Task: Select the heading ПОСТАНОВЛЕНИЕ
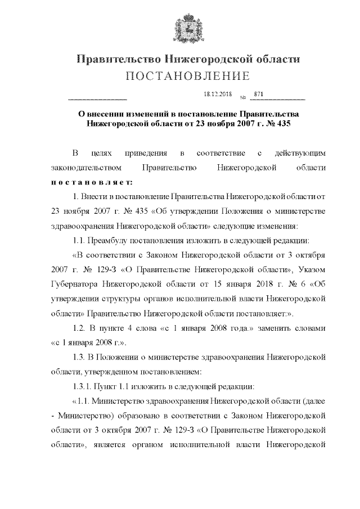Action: tap(187, 76)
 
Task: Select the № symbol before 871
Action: tap(242, 97)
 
